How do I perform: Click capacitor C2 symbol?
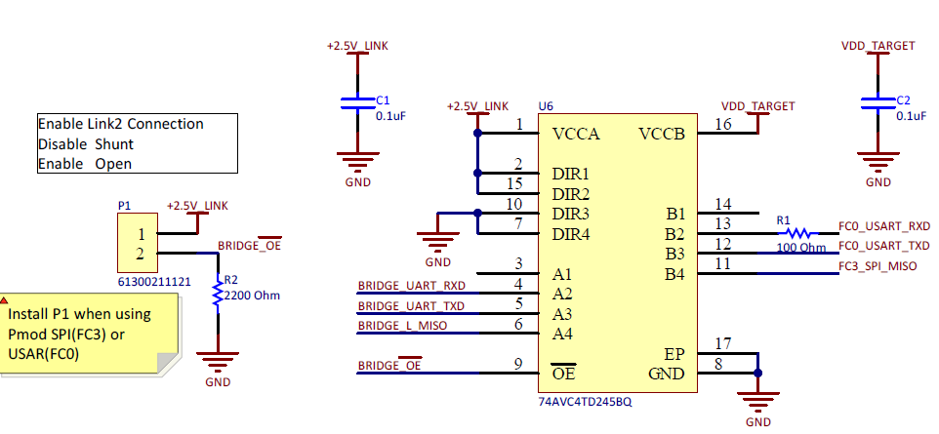tap(878, 102)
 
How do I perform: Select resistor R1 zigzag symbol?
tap(799, 233)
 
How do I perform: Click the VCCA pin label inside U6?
tap(577, 133)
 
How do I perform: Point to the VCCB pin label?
tap(663, 133)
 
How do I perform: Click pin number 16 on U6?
tap(723, 124)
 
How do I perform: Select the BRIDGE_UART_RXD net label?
tap(411, 286)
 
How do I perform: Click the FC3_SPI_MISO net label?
tap(883, 265)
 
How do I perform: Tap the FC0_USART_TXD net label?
tap(884, 245)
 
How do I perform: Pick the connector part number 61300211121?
tap(152, 281)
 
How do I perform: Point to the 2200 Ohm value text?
tap(252, 295)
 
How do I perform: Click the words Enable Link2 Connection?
tap(121, 124)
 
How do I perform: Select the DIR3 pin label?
tap(571, 213)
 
